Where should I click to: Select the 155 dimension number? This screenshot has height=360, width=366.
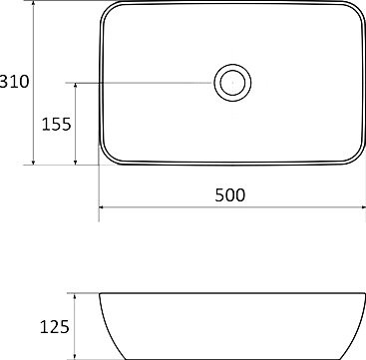click(x=56, y=125)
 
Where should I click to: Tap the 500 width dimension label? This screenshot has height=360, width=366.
click(x=229, y=195)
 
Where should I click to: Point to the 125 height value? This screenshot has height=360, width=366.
click(x=54, y=326)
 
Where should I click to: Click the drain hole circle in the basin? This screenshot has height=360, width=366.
click(x=231, y=82)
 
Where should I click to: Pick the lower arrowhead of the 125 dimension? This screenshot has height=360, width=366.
click(x=78, y=354)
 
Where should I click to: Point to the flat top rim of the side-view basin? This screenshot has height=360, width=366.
click(x=229, y=293)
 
